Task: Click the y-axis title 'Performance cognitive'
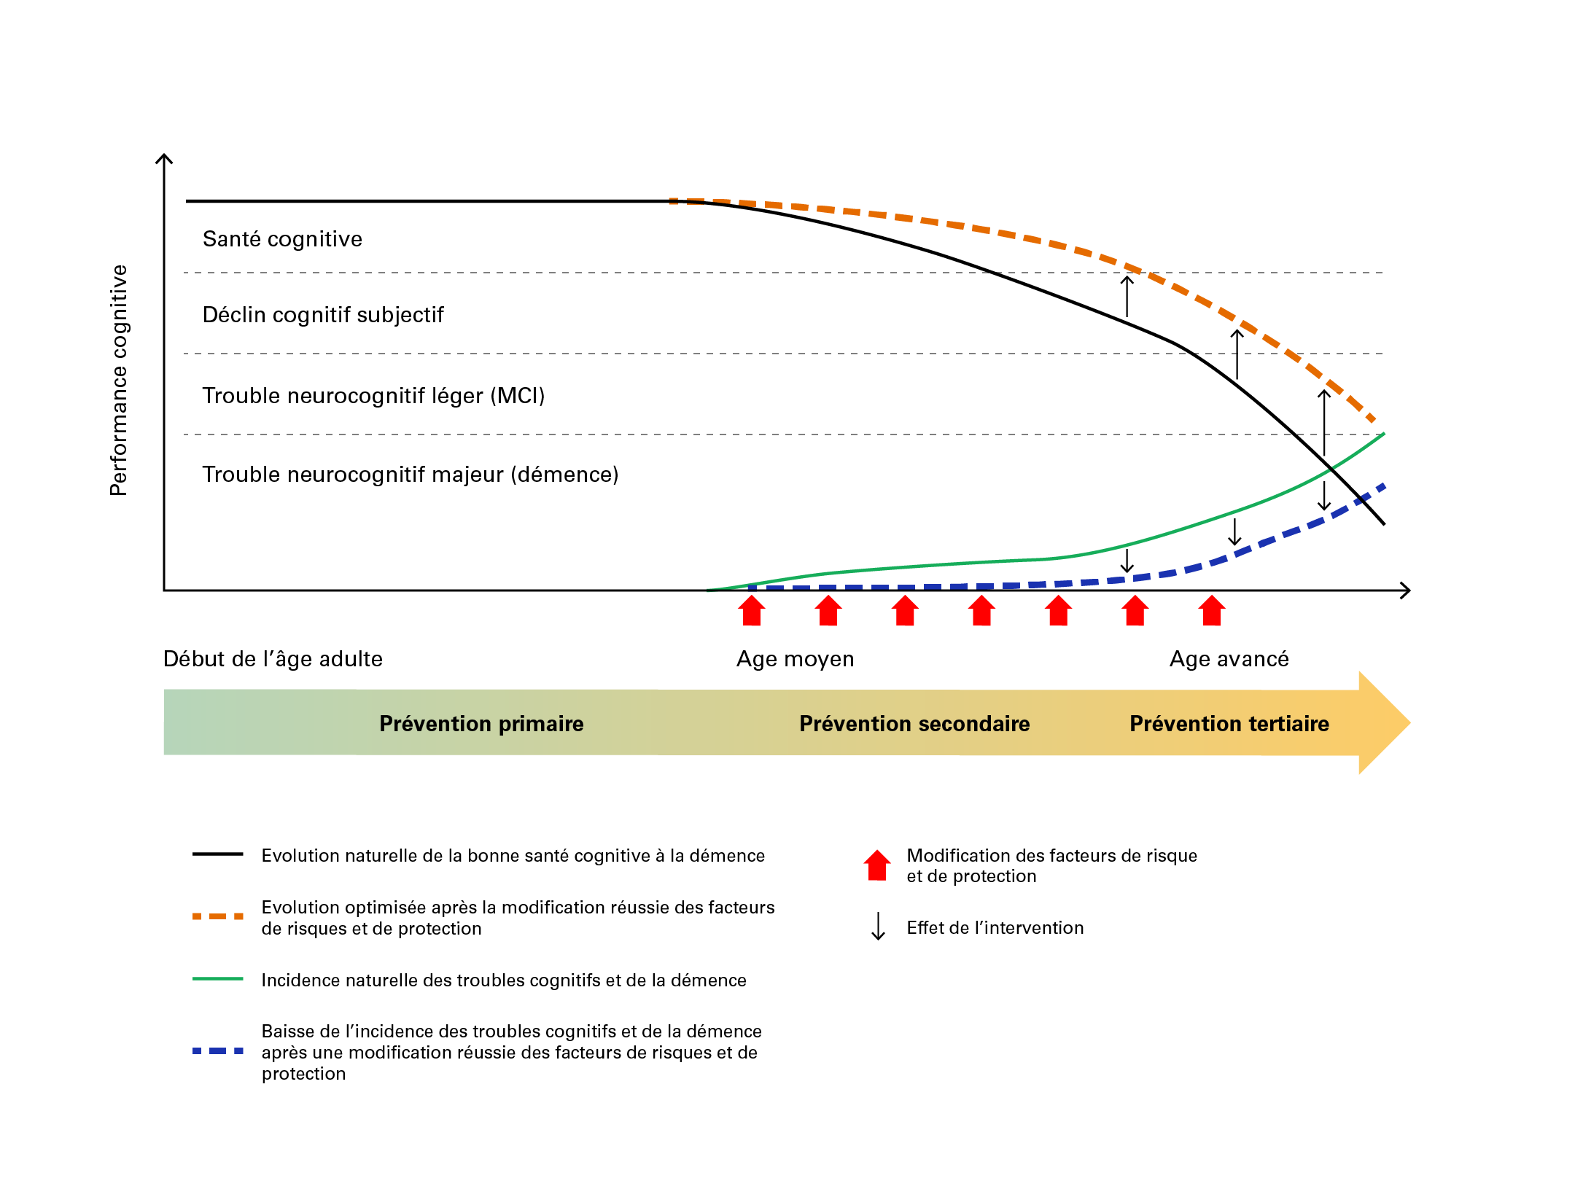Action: (119, 380)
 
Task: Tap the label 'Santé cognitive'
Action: (282, 239)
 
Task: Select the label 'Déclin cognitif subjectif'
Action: (323, 315)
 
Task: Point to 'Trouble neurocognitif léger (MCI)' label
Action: (373, 396)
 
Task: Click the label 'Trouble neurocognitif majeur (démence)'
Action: (410, 475)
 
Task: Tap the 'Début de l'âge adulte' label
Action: (273, 659)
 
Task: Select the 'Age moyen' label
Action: (795, 659)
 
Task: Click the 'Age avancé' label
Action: (1229, 659)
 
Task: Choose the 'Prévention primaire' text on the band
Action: (481, 724)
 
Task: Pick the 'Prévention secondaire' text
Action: (914, 724)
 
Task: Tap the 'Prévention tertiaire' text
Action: (1229, 724)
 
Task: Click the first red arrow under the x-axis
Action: (752, 611)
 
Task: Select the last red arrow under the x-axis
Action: (1212, 611)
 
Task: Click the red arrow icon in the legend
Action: (877, 865)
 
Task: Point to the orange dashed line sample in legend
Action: (217, 916)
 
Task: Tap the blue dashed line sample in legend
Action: (217, 1051)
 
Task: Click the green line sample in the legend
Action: (217, 979)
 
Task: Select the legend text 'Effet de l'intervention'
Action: (995, 928)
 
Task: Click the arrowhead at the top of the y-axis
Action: (164, 157)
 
